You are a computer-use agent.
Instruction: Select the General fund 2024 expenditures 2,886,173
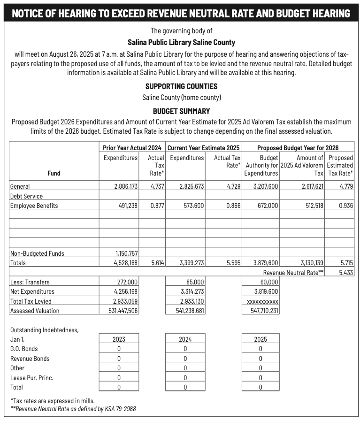[x=126, y=186]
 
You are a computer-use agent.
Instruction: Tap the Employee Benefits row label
[x=34, y=206]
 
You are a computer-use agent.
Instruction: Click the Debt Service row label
[x=26, y=196]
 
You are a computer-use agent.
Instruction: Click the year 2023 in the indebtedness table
[x=119, y=339]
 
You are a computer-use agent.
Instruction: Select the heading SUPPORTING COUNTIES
[x=181, y=86]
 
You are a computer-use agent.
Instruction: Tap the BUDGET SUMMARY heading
[x=181, y=111]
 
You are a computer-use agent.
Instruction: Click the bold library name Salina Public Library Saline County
[x=181, y=42]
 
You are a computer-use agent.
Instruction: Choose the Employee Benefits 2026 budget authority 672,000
[x=266, y=206]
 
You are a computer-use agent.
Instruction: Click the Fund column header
[x=54, y=173]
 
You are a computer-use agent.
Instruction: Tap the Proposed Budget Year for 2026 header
[x=298, y=148]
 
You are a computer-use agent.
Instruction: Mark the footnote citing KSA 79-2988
[x=73, y=409]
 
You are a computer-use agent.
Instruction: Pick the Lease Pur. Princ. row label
[x=31, y=378]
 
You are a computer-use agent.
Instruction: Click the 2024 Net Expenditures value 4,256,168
[x=126, y=292]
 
